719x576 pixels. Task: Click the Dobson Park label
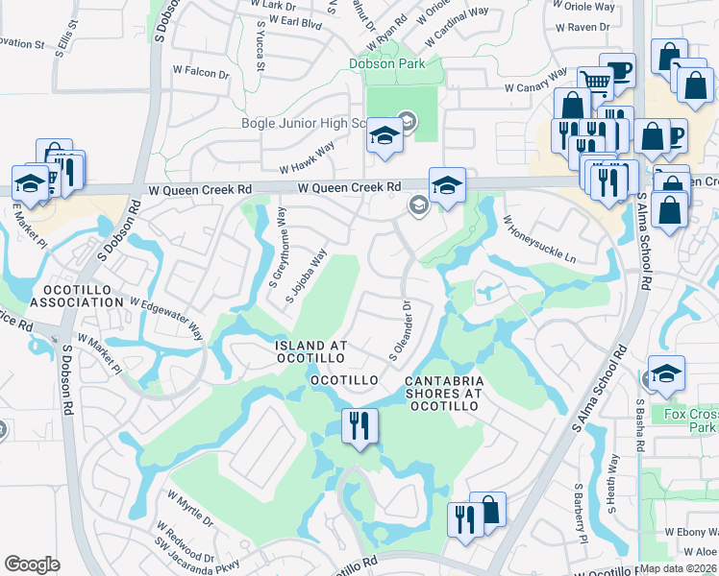tap(392, 64)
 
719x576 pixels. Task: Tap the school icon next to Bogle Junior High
tap(384, 137)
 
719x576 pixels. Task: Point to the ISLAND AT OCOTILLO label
tap(310, 351)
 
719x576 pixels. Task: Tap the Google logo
tap(32, 564)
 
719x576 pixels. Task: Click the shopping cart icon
tap(595, 83)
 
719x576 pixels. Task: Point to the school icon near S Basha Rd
tap(666, 373)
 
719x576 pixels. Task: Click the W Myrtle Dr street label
tap(190, 509)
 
